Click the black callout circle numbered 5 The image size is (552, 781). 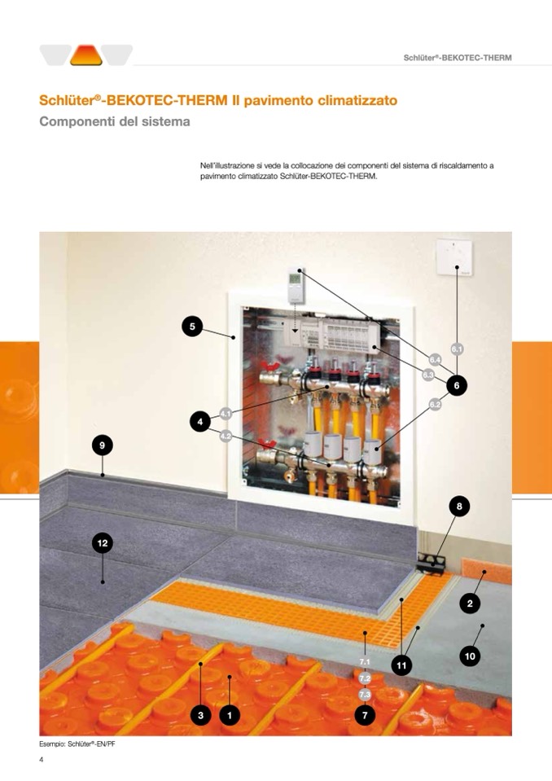click(x=192, y=327)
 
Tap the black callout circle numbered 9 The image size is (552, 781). click(x=102, y=445)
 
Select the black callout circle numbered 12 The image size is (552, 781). click(x=103, y=543)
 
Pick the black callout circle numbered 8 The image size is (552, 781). click(x=459, y=507)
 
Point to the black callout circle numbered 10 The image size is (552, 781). click(x=470, y=656)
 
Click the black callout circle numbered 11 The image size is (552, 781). click(x=401, y=665)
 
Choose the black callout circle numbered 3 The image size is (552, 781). click(x=200, y=715)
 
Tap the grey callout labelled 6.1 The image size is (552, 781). click(x=457, y=349)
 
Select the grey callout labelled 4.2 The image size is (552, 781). click(x=226, y=436)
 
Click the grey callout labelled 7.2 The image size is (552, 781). click(x=365, y=678)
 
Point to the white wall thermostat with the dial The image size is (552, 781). click(x=455, y=257)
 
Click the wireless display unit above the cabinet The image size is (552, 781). click(x=296, y=285)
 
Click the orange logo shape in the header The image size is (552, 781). click(x=86, y=55)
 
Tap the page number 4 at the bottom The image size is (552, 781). click(x=42, y=760)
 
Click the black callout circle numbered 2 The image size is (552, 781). click(x=470, y=603)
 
